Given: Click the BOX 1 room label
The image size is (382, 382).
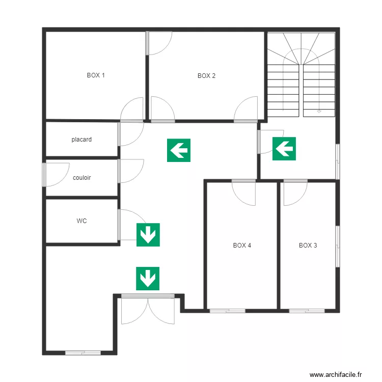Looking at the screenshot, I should point(96,75).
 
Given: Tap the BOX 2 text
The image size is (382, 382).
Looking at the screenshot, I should point(206,76).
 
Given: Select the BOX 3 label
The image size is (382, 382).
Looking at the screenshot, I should point(308,245).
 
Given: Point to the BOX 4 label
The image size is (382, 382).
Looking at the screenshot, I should point(242,245).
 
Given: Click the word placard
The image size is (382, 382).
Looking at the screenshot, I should point(81,139).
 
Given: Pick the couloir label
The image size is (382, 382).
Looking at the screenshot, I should point(81,178).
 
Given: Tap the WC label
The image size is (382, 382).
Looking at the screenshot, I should point(81,221).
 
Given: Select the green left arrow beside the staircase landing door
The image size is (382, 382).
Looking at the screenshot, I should point(284,149).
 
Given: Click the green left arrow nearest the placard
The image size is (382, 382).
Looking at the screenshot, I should point(179,150).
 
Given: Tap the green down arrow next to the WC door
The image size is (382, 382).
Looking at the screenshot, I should point(148,235).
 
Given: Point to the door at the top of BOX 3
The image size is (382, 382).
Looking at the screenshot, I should point(294,192).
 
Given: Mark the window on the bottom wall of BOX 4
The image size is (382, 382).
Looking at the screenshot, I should point(227,310).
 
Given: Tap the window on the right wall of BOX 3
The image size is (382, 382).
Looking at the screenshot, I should point(337,246).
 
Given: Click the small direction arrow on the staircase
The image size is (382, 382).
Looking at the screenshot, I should point(319,110).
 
